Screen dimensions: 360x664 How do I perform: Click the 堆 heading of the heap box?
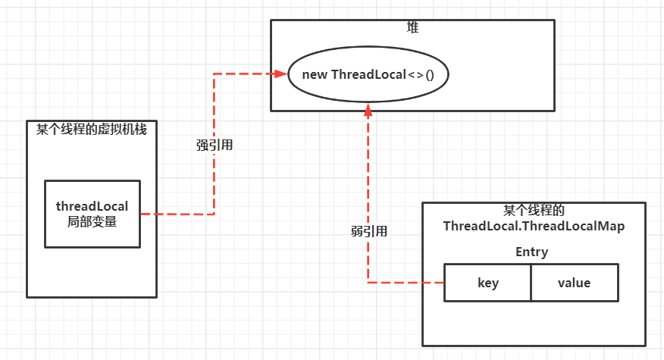[x=412, y=27]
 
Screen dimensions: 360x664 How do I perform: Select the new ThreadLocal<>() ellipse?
[x=368, y=74]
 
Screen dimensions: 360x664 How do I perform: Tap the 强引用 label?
[x=215, y=146]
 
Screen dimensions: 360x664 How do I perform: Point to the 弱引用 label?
[x=369, y=231]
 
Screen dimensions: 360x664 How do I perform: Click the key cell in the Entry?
[x=487, y=283]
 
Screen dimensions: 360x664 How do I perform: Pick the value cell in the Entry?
[x=574, y=283]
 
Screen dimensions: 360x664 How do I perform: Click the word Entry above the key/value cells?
[x=531, y=252]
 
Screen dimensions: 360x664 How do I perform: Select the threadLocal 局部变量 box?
[x=92, y=214]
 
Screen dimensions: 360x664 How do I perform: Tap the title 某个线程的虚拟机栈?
[x=92, y=129]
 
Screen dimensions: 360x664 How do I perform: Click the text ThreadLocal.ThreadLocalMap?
[x=534, y=226]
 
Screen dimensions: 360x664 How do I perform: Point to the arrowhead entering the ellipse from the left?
[x=283, y=74]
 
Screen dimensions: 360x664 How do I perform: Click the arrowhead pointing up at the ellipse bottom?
[x=368, y=111]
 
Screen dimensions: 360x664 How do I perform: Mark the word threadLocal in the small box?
[x=92, y=206]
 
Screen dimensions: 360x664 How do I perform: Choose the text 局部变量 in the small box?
[x=92, y=222]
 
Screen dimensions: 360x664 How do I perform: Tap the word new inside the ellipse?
[x=315, y=74]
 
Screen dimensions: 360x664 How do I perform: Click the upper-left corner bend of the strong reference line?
[x=215, y=74]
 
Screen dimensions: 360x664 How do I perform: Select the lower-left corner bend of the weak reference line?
[x=368, y=283]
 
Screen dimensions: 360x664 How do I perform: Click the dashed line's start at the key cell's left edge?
[x=442, y=283]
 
